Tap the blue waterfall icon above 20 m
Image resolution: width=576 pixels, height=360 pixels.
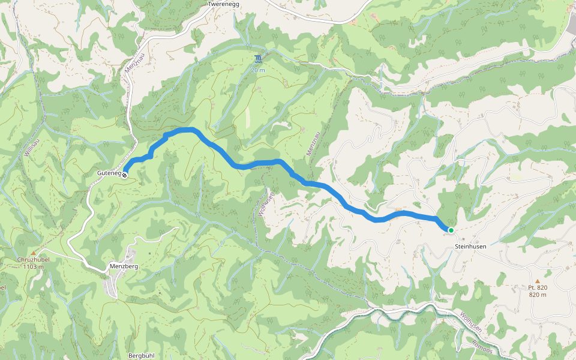click(258, 59)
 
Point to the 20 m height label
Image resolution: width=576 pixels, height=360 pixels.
click(258, 70)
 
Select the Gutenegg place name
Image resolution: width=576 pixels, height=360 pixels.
click(109, 174)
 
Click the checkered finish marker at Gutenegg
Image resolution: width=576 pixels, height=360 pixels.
click(124, 175)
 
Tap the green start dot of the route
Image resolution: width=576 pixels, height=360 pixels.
click(451, 230)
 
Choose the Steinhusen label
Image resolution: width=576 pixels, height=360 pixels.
click(470, 247)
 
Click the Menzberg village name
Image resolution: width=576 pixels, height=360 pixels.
click(124, 266)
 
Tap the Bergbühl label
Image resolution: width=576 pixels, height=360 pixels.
click(142, 355)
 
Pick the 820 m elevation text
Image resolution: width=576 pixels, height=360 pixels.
click(538, 295)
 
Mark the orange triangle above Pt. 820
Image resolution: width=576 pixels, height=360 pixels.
click(538, 281)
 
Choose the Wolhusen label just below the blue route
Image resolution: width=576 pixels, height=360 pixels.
click(265, 203)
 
